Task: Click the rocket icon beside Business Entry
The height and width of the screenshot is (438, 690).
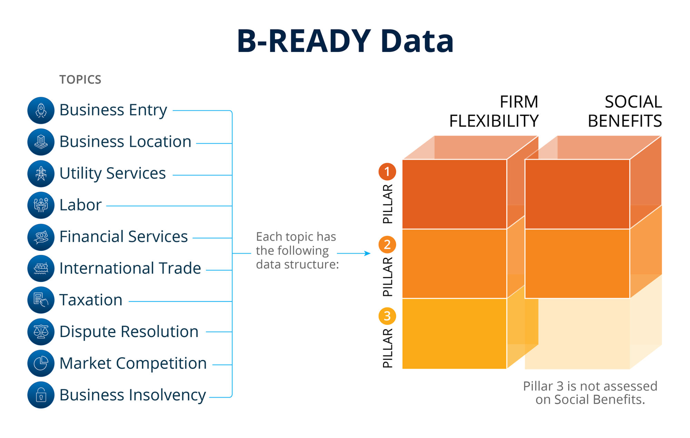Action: pos(41,110)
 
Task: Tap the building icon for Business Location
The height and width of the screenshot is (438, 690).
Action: pos(41,142)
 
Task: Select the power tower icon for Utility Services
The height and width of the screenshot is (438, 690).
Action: pos(41,174)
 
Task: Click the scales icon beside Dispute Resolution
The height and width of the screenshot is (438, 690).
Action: pos(41,332)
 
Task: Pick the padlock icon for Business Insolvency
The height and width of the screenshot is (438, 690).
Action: pos(41,395)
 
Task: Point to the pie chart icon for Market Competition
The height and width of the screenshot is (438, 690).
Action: pos(41,363)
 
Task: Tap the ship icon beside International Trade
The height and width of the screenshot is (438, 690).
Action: pos(41,268)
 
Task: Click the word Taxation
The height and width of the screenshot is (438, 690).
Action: pos(91,300)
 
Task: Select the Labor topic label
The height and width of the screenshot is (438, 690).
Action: pos(80,205)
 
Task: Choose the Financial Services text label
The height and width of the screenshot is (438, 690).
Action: pos(124,237)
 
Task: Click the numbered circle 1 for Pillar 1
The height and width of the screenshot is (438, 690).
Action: pos(387,172)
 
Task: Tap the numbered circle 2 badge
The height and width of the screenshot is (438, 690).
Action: pos(387,245)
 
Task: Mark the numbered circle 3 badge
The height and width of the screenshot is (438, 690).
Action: pos(387,316)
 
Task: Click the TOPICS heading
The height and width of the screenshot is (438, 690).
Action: pos(80,80)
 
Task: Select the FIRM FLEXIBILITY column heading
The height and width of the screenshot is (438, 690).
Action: pos(494,111)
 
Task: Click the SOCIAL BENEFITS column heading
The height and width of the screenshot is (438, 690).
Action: pos(625,111)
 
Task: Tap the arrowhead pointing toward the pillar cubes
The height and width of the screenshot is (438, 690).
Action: pos(368,253)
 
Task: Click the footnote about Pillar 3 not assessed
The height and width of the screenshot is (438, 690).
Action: pos(590,393)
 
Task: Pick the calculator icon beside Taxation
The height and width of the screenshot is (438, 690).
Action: pos(41,300)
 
